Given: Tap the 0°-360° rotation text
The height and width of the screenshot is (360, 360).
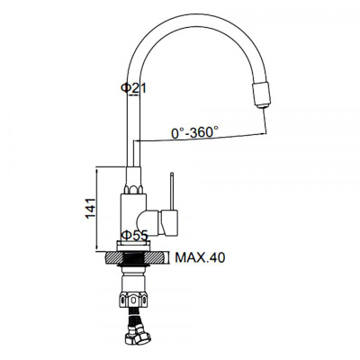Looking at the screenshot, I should coord(195,132).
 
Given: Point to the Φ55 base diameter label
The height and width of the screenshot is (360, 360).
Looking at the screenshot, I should coord(135,236).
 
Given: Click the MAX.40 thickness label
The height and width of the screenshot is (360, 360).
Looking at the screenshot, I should coord(199,257).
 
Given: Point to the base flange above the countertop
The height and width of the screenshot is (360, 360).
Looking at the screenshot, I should coord(135,246).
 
